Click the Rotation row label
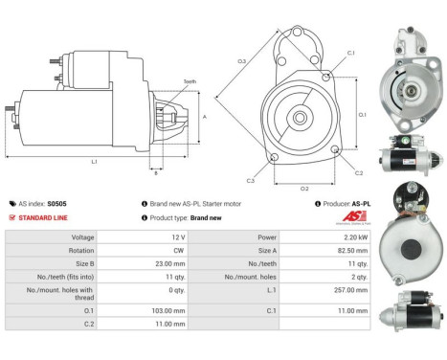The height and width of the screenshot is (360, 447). point(81,249)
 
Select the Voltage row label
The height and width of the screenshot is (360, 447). point(82,236)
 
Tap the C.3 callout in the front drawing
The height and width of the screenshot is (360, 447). point(250,180)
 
